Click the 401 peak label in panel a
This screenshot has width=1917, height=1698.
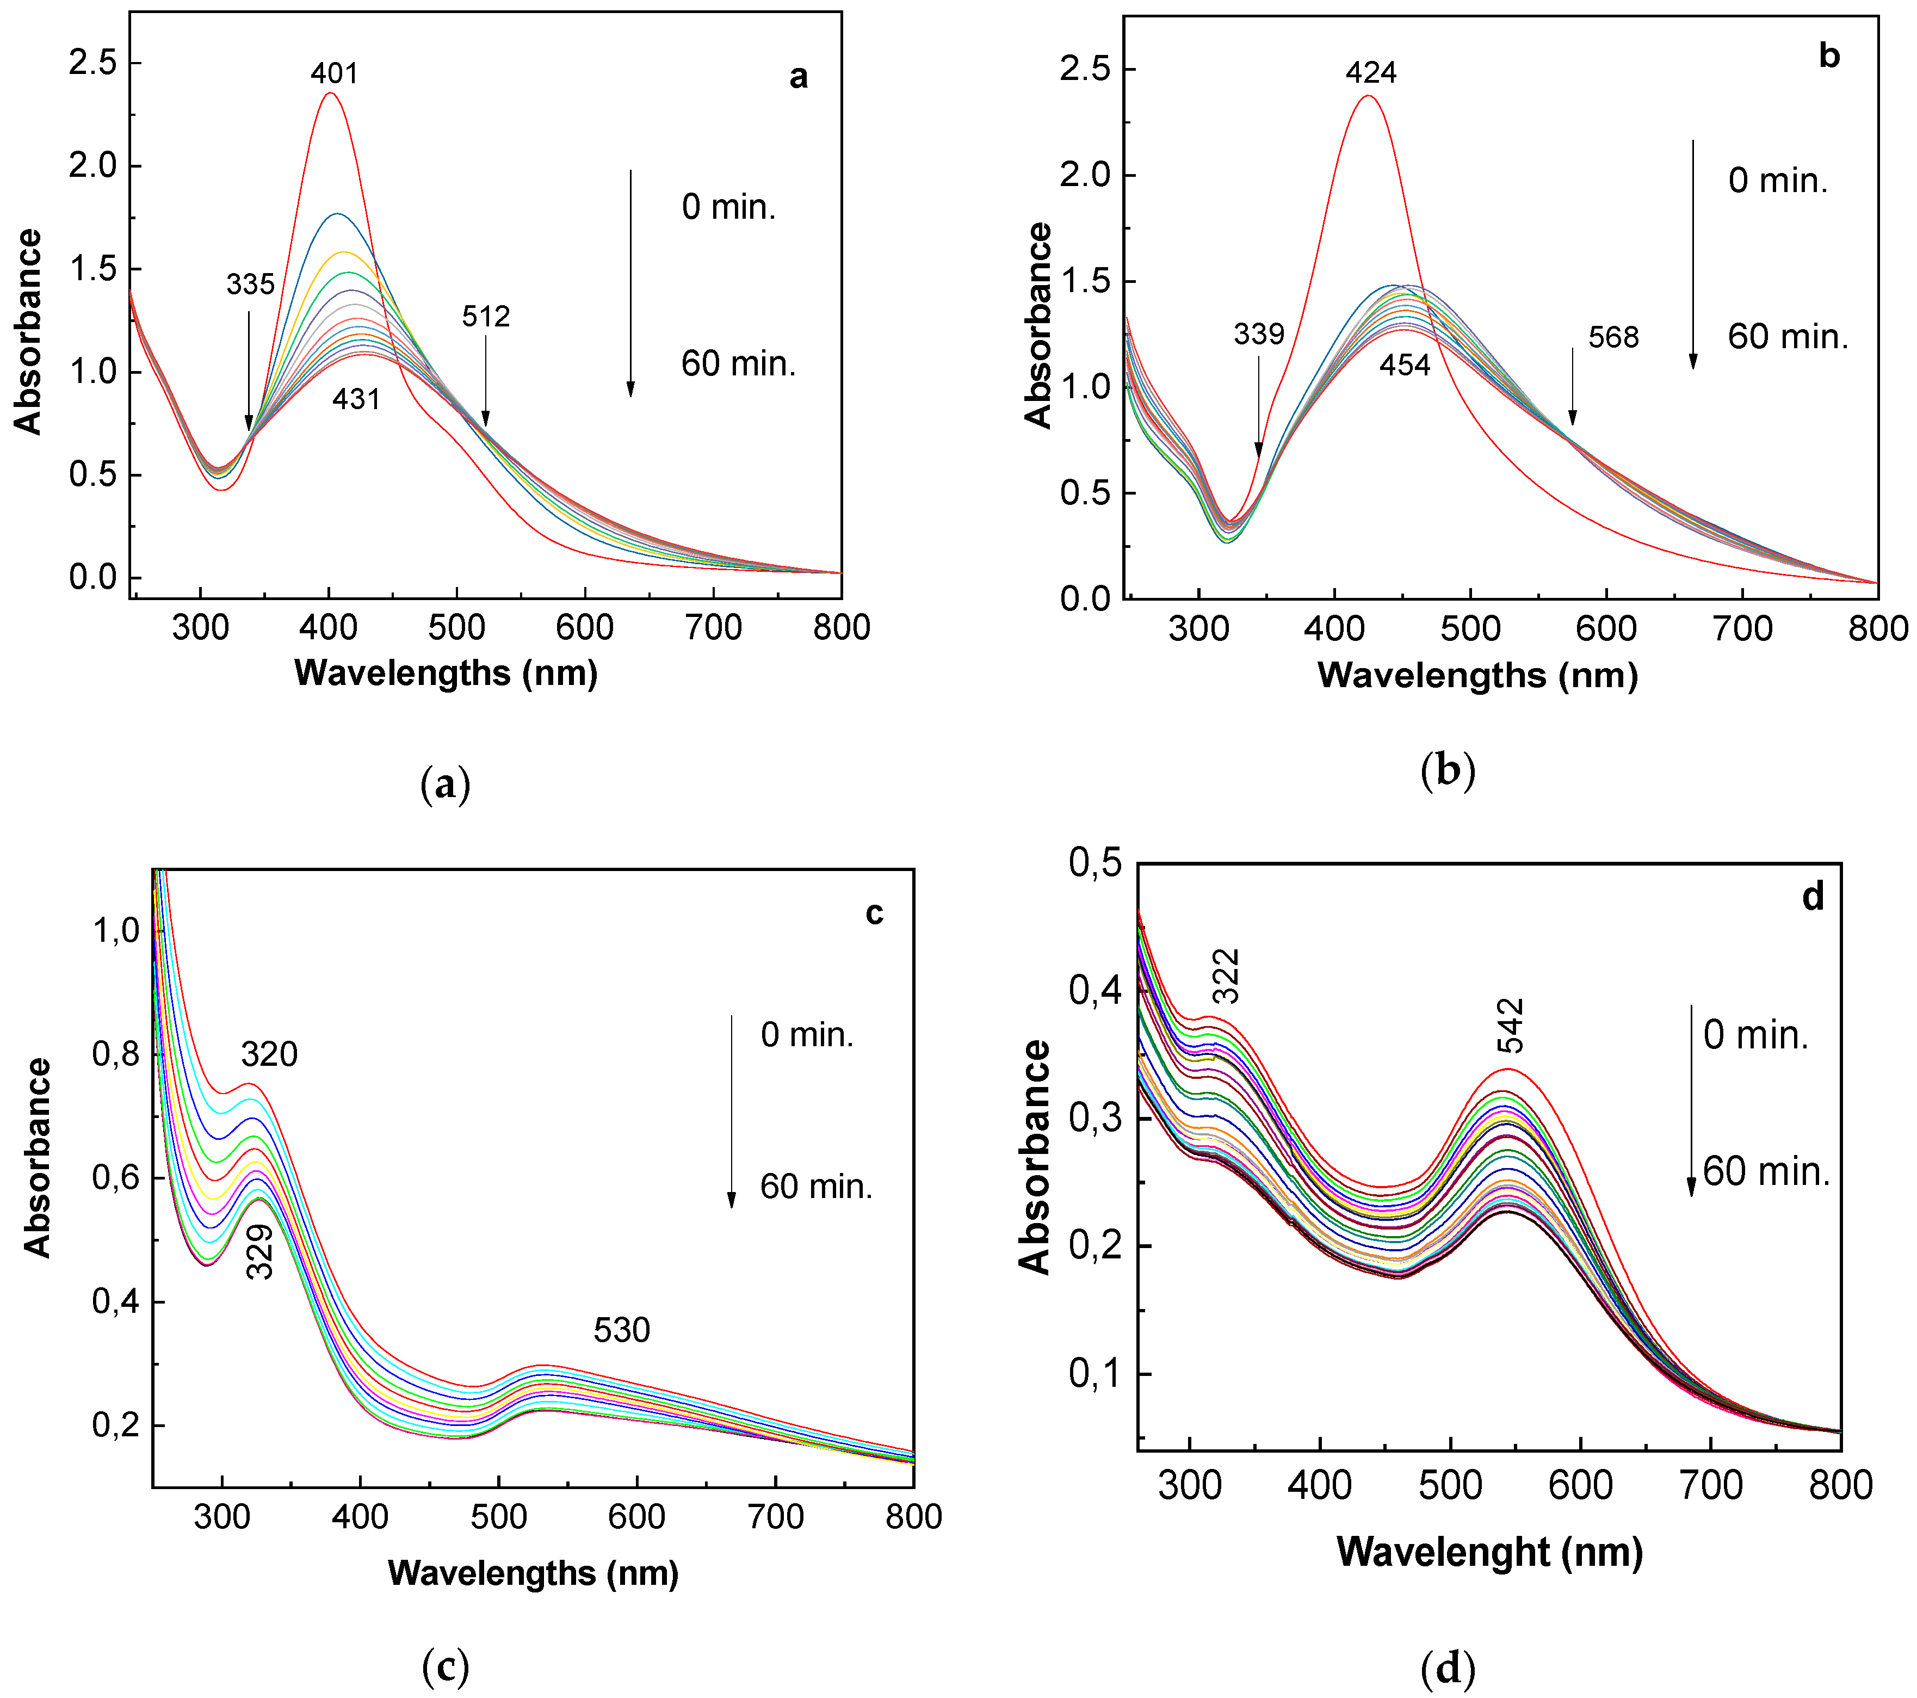[x=335, y=73]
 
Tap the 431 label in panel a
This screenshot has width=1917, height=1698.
[x=356, y=400]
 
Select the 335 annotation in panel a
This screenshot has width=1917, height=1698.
[x=250, y=284]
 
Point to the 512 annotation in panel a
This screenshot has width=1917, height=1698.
[x=486, y=317]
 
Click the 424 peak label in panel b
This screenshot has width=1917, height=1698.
[x=1371, y=72]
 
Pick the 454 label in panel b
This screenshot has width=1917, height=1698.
[x=1404, y=365]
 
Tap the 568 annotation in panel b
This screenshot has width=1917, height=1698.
[x=1613, y=337]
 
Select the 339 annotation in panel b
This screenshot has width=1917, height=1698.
[x=1259, y=334]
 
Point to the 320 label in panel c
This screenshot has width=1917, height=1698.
[x=269, y=1054]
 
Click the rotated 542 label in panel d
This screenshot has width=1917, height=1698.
[x=1511, y=1026]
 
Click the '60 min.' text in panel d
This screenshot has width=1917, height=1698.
[x=1766, y=1172]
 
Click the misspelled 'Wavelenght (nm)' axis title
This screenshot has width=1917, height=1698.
[x=1489, y=1553]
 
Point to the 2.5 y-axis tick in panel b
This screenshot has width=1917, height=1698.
[x=1085, y=70]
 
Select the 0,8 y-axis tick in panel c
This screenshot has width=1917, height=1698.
[x=115, y=1054]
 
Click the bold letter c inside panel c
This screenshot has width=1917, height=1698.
[x=874, y=913]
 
